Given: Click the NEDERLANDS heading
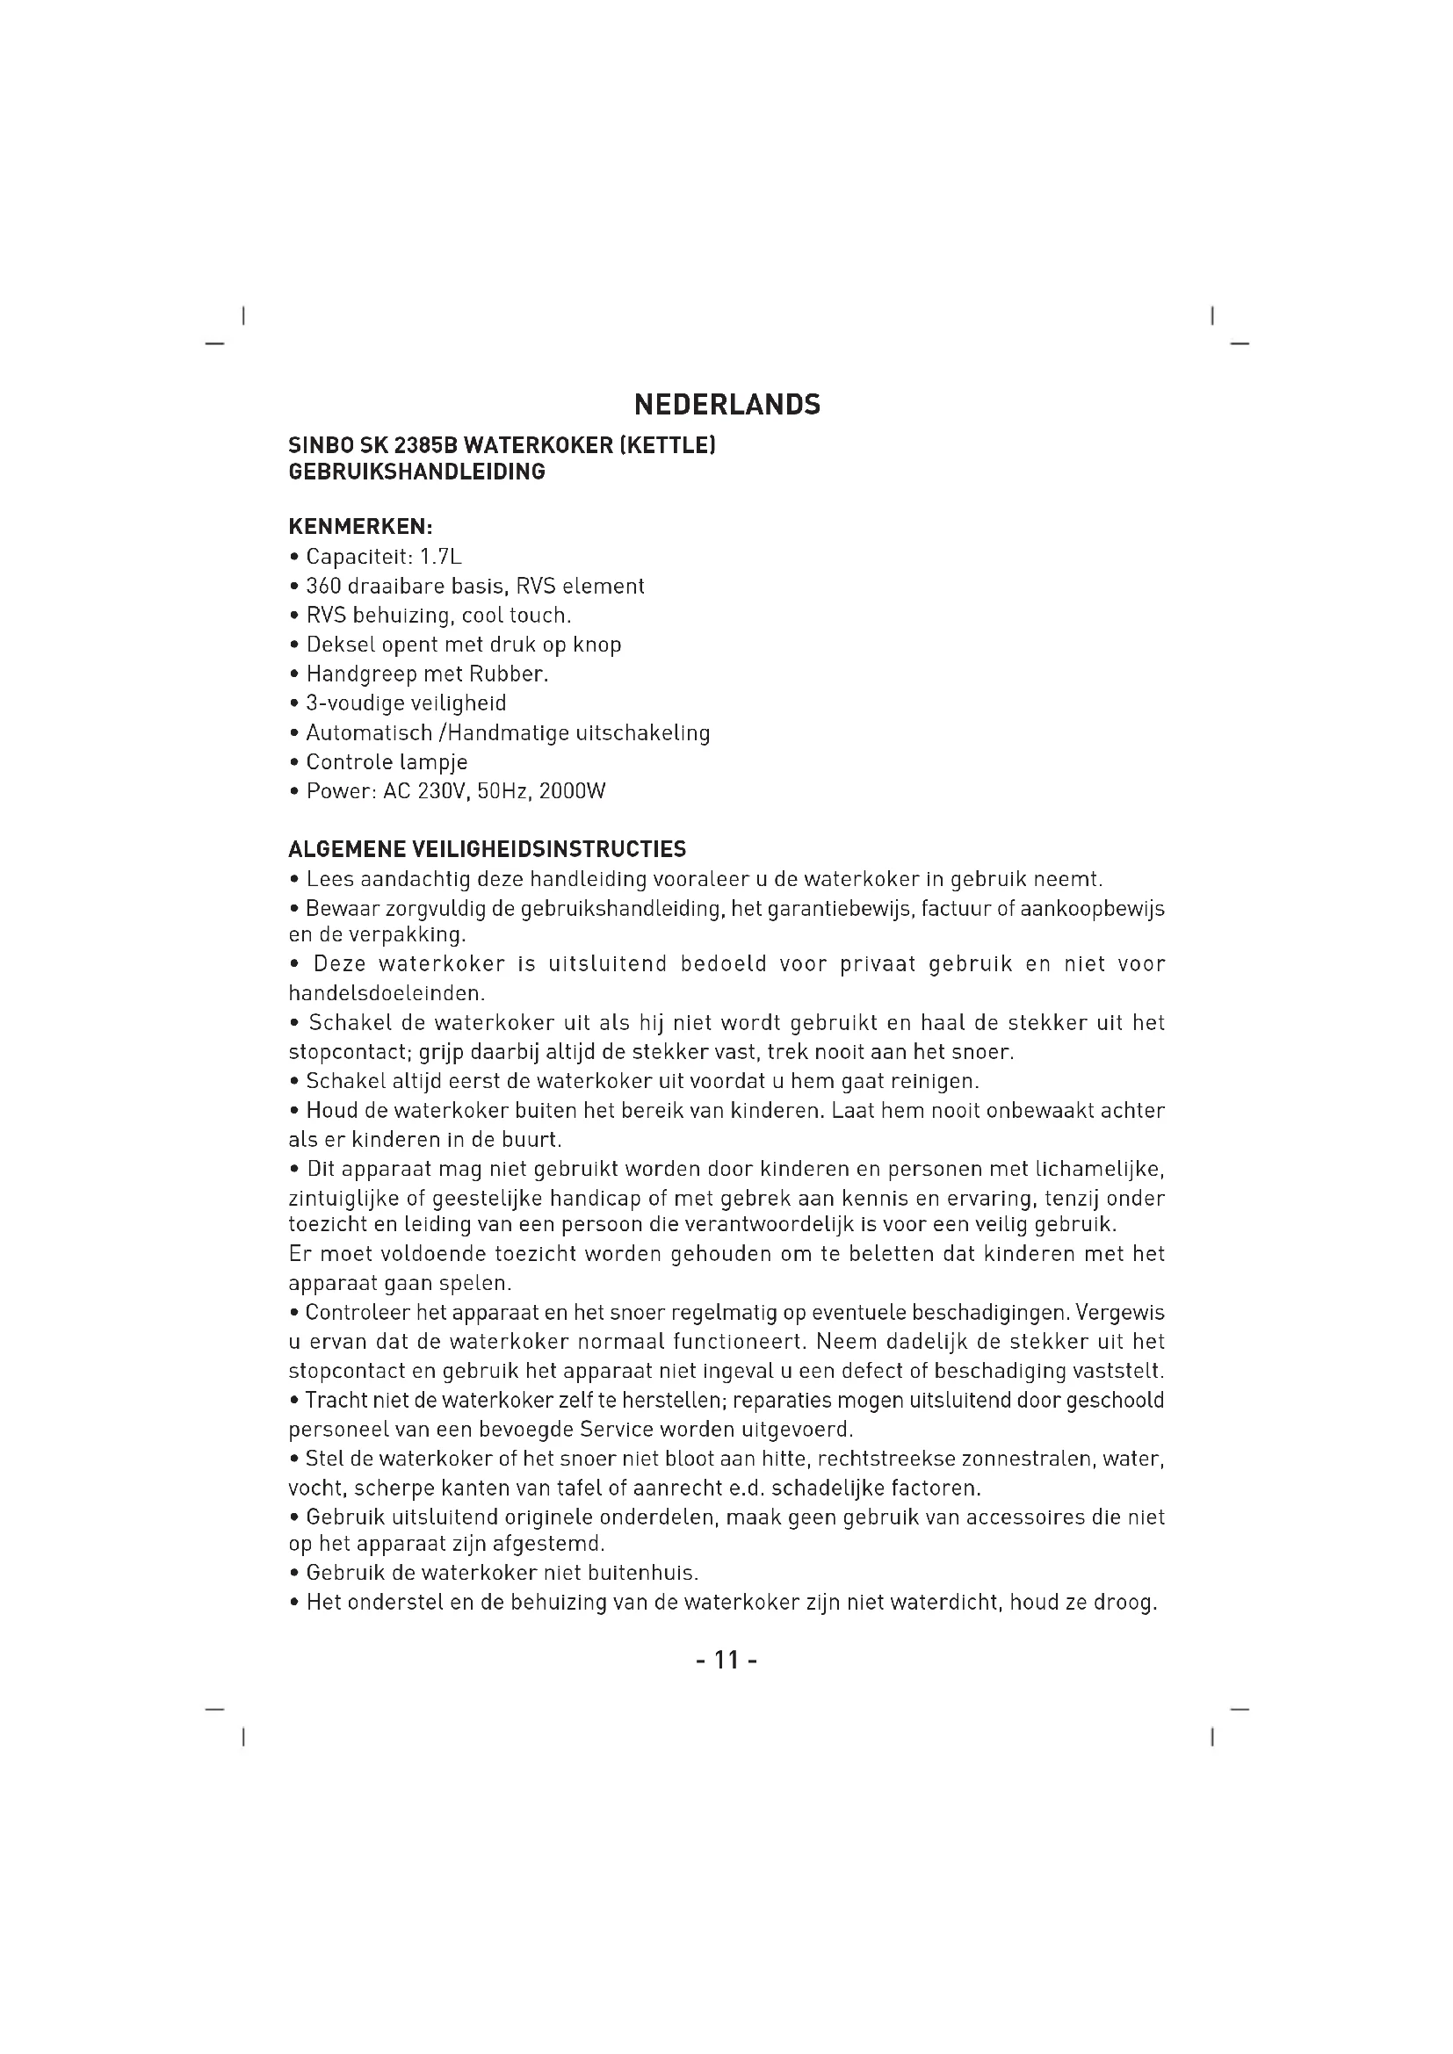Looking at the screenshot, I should pyautogui.click(x=726, y=405).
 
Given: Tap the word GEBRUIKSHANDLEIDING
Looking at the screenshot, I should pyautogui.click(x=417, y=472).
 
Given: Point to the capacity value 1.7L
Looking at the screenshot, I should pyautogui.click(x=441, y=558).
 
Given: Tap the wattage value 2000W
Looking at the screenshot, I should pyautogui.click(x=573, y=792).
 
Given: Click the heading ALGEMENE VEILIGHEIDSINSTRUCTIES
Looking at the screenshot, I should pyautogui.click(x=488, y=848).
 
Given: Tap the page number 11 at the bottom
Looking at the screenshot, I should pyautogui.click(x=726, y=1661).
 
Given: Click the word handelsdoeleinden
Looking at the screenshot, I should pyautogui.click(x=387, y=993).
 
